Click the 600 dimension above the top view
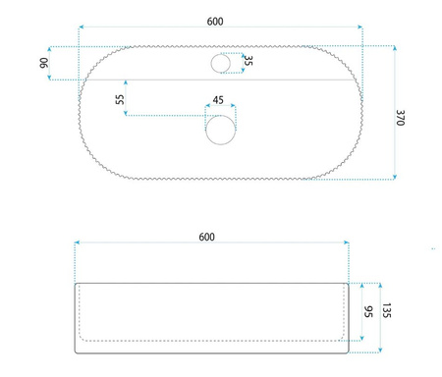tap(215, 22)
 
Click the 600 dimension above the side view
tap(207, 237)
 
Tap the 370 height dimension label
tap(401, 118)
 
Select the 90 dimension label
tap(44, 63)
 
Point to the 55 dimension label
tap(120, 99)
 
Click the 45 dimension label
tap(218, 100)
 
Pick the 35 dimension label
tap(249, 61)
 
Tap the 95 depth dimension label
tap(368, 311)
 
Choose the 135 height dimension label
tap(387, 310)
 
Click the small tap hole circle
tap(221, 64)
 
